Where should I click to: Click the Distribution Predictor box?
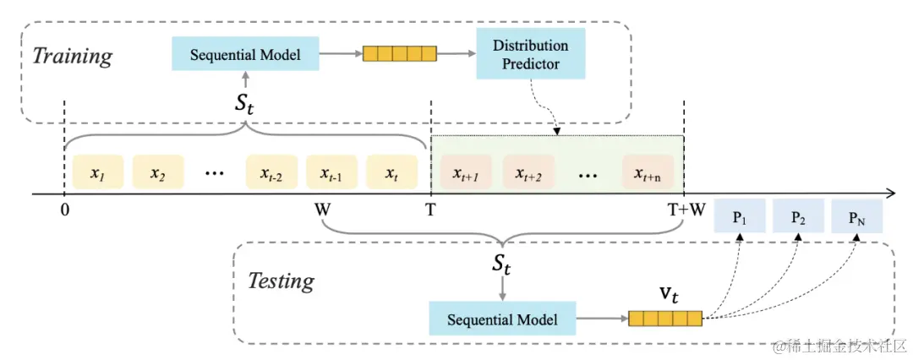tap(530, 53)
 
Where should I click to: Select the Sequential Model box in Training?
tap(245, 54)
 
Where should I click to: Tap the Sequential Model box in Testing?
tap(502, 319)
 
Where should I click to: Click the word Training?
tap(71, 57)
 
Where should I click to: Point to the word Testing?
tap(282, 281)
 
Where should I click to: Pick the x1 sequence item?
tap(98, 172)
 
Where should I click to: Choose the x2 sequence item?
tap(158, 172)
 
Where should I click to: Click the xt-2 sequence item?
tap(271, 172)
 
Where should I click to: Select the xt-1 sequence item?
tap(332, 172)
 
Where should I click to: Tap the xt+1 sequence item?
tap(467, 172)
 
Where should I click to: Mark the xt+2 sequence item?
tap(528, 172)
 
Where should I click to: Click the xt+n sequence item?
tap(648, 172)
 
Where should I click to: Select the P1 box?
tap(740, 216)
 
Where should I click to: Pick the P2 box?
tap(798, 216)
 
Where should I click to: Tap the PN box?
tap(857, 216)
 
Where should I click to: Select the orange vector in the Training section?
tap(399, 53)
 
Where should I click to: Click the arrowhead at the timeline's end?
tap(891, 194)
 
